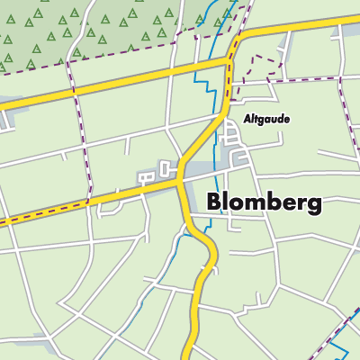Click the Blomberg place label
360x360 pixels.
(264, 203)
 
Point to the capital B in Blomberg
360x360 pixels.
(215, 202)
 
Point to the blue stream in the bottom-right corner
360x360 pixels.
(337, 346)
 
